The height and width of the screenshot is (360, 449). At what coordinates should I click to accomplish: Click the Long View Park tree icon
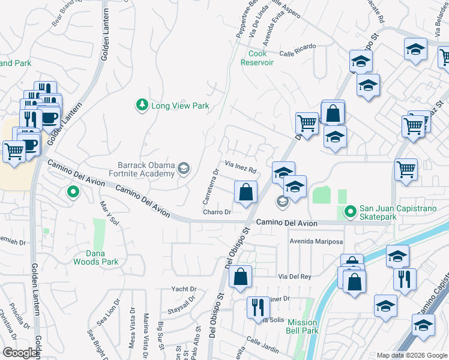coord(142,106)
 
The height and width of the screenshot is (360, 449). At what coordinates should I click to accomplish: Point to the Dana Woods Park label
coord(96,257)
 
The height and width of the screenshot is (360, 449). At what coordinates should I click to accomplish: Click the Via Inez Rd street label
coord(241,166)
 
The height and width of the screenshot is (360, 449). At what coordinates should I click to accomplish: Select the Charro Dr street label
coord(217,212)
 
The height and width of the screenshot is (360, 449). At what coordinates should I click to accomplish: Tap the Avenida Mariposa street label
coord(316,242)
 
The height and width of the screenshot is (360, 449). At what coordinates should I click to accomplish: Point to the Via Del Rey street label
coord(294,277)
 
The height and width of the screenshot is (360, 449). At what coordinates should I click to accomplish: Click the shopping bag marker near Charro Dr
coord(246,193)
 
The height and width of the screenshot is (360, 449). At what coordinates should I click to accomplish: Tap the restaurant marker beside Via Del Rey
coord(405,279)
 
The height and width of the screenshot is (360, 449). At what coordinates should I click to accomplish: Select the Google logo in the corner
coord(20,353)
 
